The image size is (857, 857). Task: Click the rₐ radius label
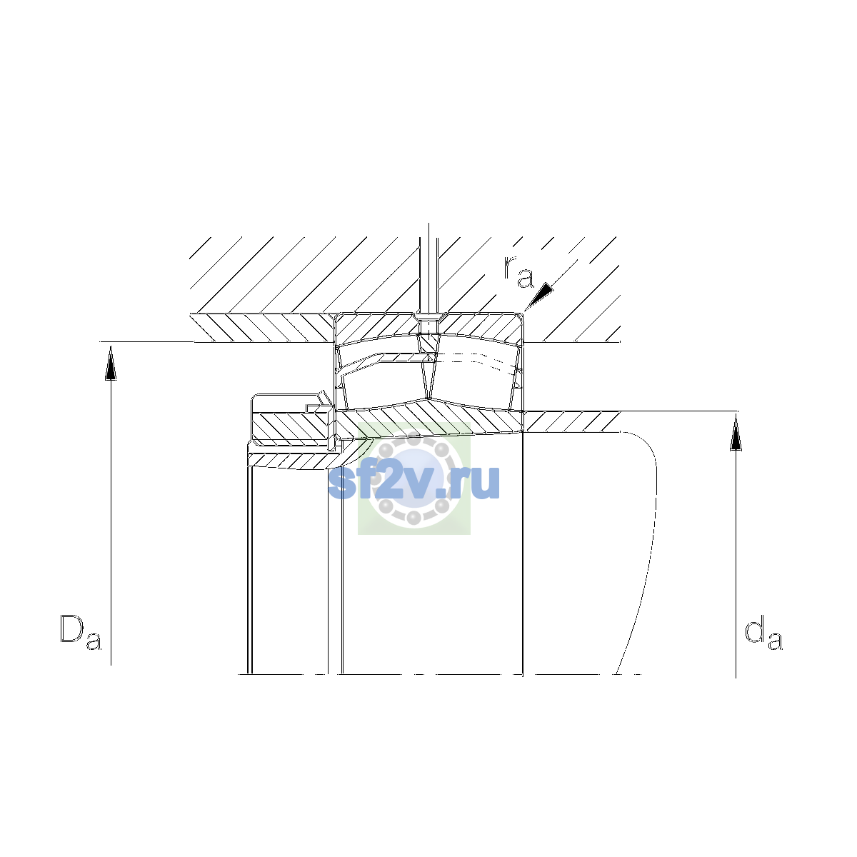pyautogui.click(x=518, y=271)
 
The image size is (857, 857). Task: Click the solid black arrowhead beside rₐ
pyautogui.click(x=539, y=296)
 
